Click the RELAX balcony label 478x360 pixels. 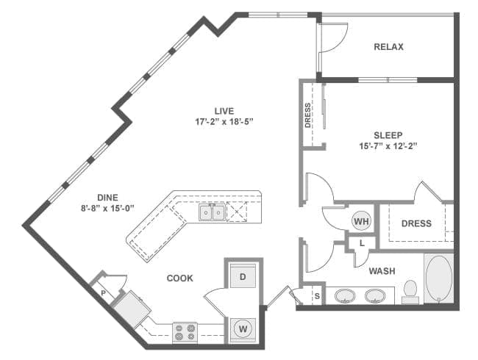pos(388,47)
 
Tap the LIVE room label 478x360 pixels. pos(224,111)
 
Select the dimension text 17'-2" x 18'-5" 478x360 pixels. pos(224,122)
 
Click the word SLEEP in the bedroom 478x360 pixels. pos(388,135)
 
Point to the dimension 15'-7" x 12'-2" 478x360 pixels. pos(388,146)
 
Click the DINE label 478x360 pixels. pos(107,198)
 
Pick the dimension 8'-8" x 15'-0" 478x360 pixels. pos(107,209)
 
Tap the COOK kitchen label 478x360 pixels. pos(180,278)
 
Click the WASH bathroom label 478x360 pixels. pos(382,271)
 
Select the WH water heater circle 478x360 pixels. pos(362,221)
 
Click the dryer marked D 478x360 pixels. pos(243,276)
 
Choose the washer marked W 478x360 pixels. pos(243,329)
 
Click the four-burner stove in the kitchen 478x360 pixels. pos(185,332)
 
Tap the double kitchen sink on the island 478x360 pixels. pos(213,212)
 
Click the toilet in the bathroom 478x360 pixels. pos(410,292)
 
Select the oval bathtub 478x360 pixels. pos(438,278)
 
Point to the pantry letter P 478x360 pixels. pos(103,293)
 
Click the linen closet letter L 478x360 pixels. pos(362,243)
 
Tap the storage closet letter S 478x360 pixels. pos(318,296)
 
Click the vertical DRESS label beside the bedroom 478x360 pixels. pos(307,115)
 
